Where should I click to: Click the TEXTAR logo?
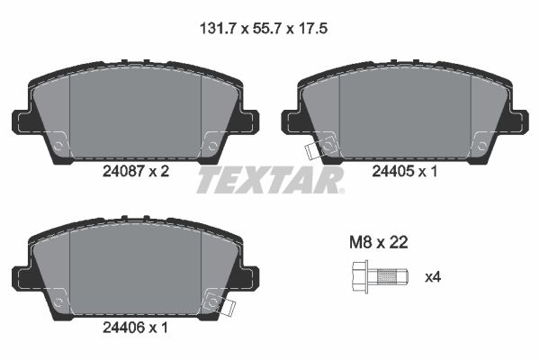(270, 180)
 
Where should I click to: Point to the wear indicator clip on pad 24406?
(224, 307)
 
